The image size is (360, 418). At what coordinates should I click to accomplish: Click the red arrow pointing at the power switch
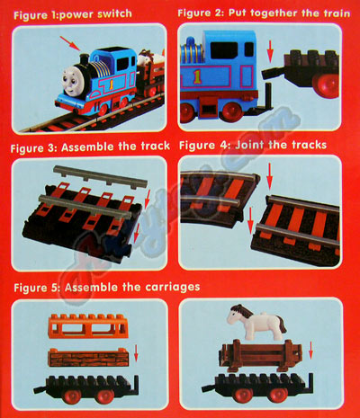tap(69, 43)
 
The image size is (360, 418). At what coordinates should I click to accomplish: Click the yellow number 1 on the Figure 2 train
tap(197, 76)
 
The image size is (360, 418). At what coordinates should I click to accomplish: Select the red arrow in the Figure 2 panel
tap(270, 51)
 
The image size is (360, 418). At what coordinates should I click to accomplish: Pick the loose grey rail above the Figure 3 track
tap(101, 177)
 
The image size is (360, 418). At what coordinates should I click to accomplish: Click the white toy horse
tap(256, 322)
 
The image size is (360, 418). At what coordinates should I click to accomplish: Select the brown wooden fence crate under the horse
tap(260, 355)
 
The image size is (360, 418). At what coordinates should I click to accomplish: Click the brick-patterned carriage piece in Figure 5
tap(88, 358)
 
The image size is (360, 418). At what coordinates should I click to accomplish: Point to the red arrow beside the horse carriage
tap(310, 351)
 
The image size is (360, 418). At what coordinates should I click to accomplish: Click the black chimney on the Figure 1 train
tap(85, 59)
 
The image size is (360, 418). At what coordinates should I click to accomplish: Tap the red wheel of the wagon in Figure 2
tap(326, 84)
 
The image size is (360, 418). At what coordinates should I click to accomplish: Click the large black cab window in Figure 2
tap(224, 50)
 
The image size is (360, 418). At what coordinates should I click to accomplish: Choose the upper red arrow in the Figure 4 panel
tap(269, 176)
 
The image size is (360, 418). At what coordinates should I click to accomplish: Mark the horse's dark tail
tap(282, 325)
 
